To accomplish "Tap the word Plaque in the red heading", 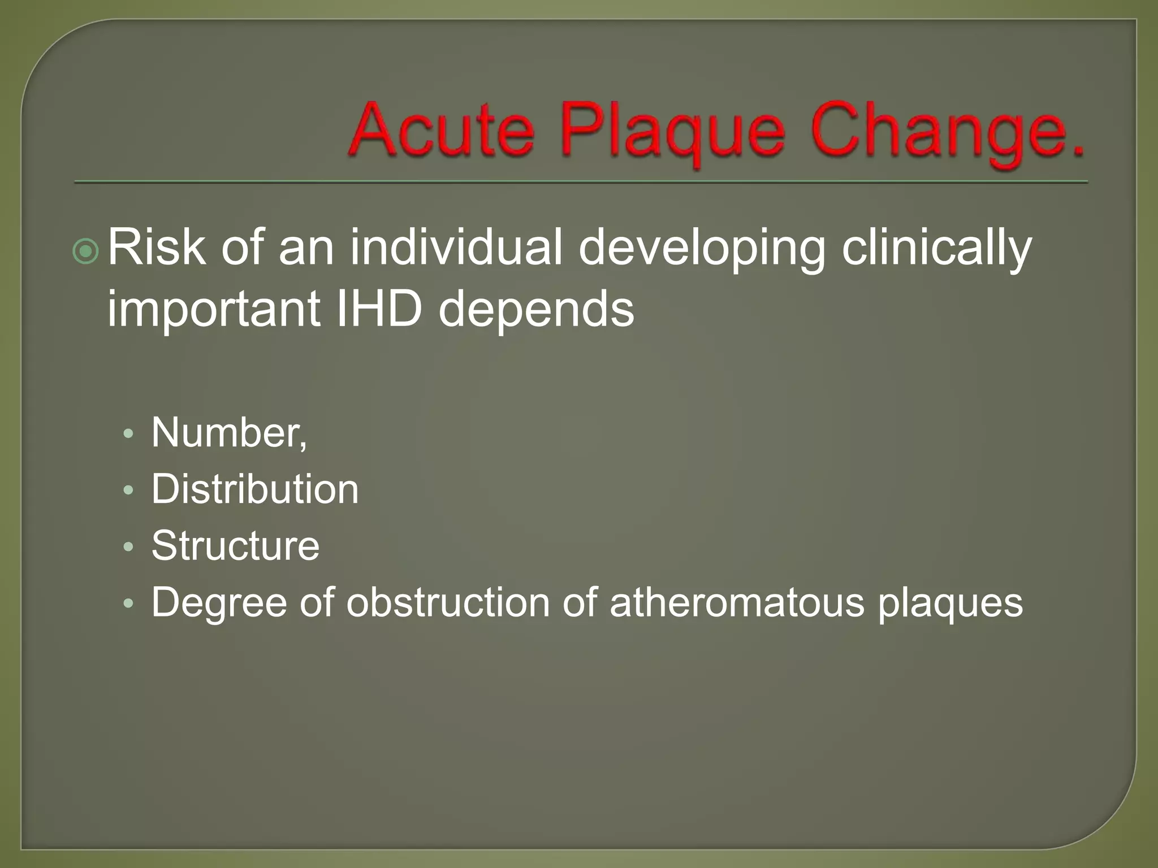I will click(673, 133).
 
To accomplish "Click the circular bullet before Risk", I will click(86, 251).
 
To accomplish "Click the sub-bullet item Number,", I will click(229, 433).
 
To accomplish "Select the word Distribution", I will click(254, 489).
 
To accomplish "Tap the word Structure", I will click(235, 546).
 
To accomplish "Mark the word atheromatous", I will click(737, 602).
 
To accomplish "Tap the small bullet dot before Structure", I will click(129, 546).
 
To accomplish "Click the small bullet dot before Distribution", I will click(129, 490).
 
